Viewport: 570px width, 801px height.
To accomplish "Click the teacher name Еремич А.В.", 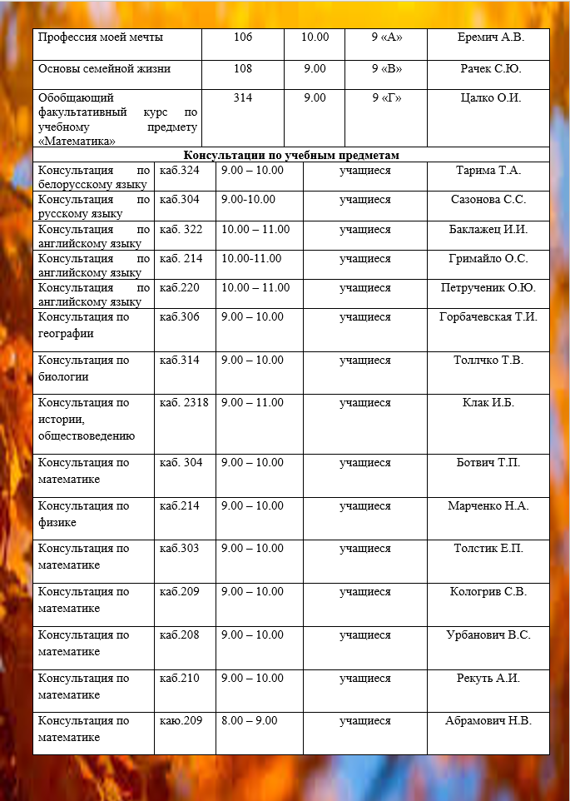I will click(x=491, y=37).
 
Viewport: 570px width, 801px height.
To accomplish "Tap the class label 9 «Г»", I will click(x=386, y=98).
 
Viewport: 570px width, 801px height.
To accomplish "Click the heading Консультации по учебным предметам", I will click(x=291, y=156).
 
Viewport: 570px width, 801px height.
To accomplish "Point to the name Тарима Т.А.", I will click(x=488, y=171).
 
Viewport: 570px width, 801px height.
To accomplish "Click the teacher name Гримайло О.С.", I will click(x=488, y=258).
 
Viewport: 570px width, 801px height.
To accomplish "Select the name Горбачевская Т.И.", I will click(x=488, y=316).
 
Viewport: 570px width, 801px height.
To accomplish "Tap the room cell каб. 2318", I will click(x=184, y=403).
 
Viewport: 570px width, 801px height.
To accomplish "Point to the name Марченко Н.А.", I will click(x=488, y=505).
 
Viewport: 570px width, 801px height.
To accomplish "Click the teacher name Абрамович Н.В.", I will click(x=488, y=720).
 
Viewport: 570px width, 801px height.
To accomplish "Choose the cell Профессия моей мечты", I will click(x=101, y=37).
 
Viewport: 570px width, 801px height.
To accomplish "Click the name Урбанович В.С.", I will click(x=488, y=634).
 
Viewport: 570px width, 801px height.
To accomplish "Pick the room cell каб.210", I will click(x=180, y=678).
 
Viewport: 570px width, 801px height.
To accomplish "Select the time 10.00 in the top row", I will click(x=315, y=37).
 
